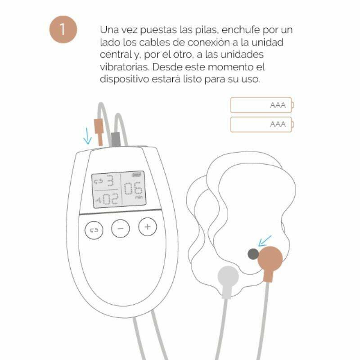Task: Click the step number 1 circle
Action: pos(63,30)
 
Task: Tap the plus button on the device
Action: pos(147,227)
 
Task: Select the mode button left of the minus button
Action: pos(94,230)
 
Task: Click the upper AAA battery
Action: pos(261,105)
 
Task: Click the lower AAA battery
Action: pos(261,124)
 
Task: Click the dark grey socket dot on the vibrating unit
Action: pos(253,254)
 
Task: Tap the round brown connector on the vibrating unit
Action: pos(270,259)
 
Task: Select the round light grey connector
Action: pos(228,276)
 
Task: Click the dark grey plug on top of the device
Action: pos(116,139)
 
